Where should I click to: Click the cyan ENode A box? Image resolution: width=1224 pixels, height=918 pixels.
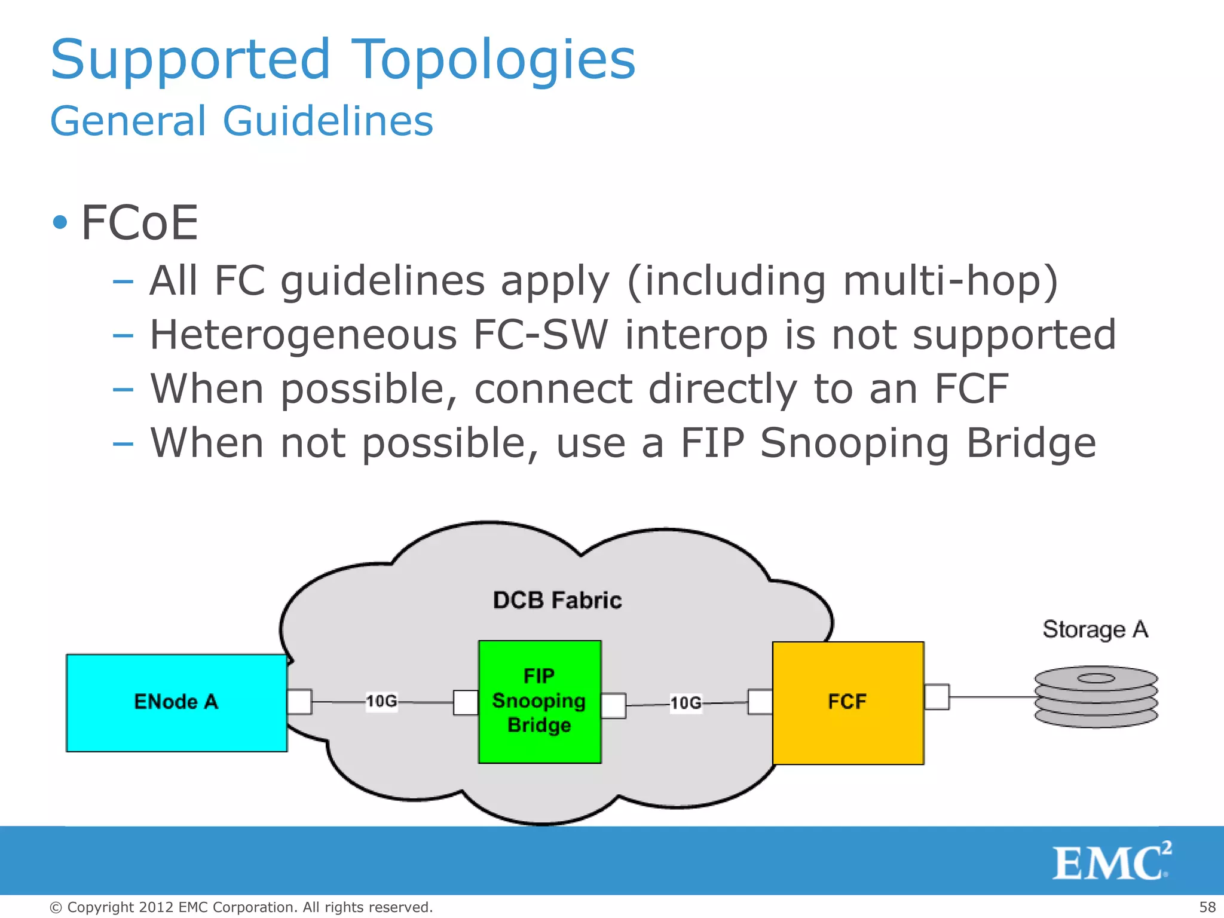176,703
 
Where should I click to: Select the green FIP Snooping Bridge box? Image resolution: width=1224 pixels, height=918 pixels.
539,702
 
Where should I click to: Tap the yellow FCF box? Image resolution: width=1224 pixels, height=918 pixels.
847,703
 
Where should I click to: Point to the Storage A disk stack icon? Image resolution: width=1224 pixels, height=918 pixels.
1096,697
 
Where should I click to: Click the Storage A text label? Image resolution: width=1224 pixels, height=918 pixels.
1095,629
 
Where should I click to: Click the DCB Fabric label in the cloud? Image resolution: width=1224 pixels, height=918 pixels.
557,600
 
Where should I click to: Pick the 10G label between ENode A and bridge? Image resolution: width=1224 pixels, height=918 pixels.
381,701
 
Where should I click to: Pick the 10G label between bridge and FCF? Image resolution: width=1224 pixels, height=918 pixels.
686,703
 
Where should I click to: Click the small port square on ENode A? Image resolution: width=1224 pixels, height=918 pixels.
299,702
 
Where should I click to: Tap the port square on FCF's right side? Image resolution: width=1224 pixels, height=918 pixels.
937,697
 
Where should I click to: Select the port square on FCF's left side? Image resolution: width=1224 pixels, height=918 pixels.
760,702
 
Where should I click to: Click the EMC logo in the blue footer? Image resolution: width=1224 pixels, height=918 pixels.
1110,862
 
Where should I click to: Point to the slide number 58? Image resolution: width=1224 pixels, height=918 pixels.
1207,907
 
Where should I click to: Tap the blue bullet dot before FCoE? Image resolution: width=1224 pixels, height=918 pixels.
60,223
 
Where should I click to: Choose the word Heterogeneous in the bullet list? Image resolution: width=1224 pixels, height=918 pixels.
303,335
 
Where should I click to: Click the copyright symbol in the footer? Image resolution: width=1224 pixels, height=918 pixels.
56,908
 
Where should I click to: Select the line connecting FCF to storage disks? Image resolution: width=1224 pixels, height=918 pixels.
992,697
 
